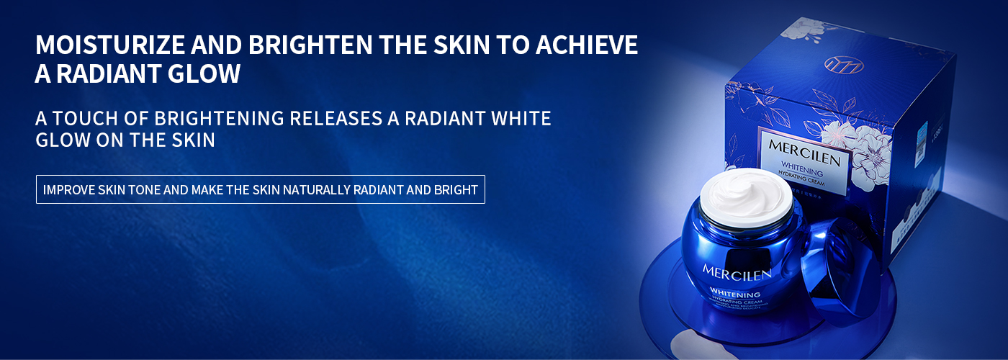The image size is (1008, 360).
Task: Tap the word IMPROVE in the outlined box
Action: click(71, 190)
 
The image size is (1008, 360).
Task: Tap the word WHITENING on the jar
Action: click(735, 294)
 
